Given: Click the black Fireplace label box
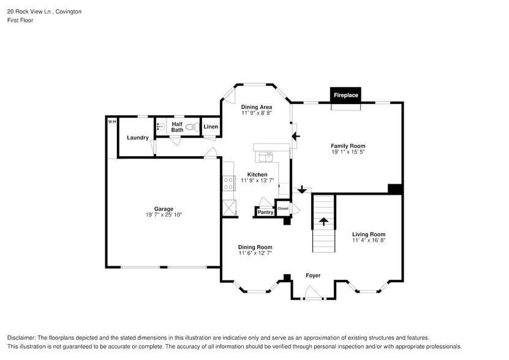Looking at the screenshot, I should pos(345,95).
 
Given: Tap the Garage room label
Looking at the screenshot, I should pos(164,209).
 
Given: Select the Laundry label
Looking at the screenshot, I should pos(138,138).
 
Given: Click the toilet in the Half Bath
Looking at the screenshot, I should pos(191,127).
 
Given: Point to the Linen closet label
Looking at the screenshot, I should pos(211,127).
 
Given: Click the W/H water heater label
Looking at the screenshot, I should pos(112,122).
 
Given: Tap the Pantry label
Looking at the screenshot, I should pos(265,212).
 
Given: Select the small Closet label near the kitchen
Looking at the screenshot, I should pos(283,208).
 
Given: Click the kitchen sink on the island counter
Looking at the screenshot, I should pos(266,157).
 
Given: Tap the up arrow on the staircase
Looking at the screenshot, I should pos(323,221).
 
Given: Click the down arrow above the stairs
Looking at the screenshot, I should pos(301,190).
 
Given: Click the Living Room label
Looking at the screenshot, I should pos(369,234).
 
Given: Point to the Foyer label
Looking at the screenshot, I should pos(313,276).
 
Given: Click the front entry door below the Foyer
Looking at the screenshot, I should pos(313,296).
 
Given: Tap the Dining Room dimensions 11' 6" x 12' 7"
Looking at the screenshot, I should pos(255,253).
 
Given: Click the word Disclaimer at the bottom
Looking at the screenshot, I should pos(21,338).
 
